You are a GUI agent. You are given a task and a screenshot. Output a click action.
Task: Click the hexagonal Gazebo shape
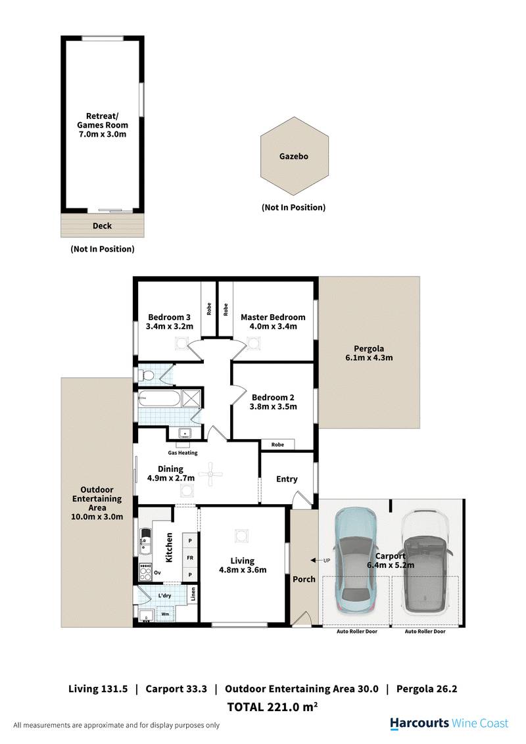click(295, 156)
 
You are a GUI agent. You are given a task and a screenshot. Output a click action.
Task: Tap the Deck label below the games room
click(102, 226)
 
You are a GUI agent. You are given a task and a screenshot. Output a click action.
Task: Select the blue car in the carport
click(356, 561)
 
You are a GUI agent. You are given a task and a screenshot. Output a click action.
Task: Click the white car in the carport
click(425, 561)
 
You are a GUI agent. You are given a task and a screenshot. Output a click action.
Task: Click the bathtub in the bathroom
click(159, 398)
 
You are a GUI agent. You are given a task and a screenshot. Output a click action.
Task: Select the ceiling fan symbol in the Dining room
click(210, 473)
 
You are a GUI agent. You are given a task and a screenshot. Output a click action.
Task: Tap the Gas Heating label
click(183, 453)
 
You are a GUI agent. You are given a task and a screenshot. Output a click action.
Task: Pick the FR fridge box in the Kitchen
click(191, 557)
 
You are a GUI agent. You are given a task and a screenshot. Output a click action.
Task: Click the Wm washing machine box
click(165, 614)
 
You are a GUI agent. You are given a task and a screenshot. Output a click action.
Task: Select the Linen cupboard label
click(193, 593)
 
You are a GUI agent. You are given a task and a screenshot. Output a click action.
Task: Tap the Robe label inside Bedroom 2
click(277, 444)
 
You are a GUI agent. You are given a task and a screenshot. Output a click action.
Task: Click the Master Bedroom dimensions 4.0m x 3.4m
click(273, 327)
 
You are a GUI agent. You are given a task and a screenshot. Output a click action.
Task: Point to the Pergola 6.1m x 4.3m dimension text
click(369, 358)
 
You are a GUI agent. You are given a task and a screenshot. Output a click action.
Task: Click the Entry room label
click(287, 479)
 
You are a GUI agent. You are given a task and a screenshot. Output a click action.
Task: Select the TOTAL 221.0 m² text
click(272, 707)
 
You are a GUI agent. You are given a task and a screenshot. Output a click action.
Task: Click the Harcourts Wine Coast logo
click(448, 724)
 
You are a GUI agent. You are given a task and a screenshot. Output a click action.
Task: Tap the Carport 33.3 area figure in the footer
click(176, 689)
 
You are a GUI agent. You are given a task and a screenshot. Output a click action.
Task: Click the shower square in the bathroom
click(191, 398)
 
